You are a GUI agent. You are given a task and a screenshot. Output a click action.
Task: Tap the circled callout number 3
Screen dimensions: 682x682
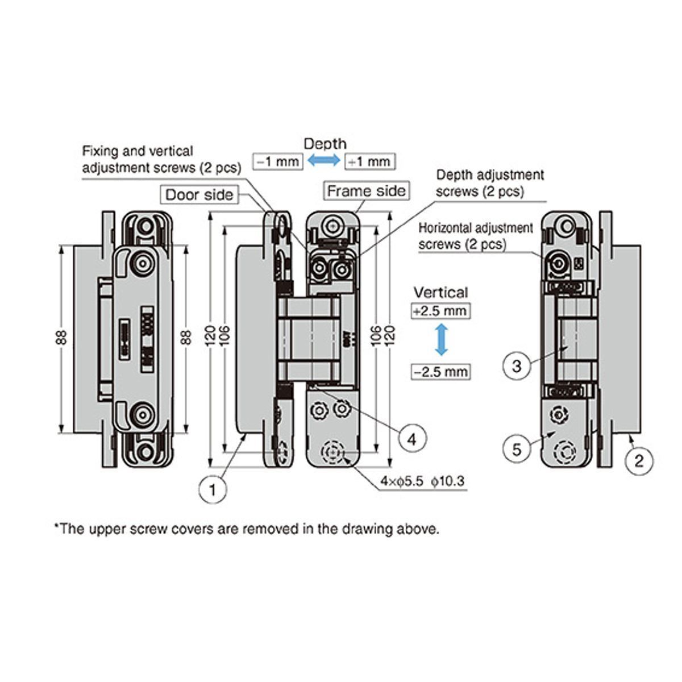pyautogui.click(x=517, y=365)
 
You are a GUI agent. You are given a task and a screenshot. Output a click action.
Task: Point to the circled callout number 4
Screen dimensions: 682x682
pyautogui.click(x=412, y=438)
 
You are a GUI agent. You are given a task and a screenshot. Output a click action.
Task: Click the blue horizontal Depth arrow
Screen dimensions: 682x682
pyautogui.click(x=323, y=161)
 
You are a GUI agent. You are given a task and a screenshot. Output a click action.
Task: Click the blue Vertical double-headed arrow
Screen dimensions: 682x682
pyautogui.click(x=441, y=341)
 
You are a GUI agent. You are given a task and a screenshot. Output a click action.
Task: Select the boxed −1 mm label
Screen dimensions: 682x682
pyautogui.click(x=277, y=161)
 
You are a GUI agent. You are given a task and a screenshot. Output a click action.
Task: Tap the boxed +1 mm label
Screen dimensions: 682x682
pyautogui.click(x=369, y=161)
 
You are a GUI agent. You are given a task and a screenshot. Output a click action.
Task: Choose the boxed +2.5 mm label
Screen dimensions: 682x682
pyautogui.click(x=441, y=311)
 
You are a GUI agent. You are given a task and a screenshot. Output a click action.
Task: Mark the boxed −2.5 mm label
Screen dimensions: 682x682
pyautogui.click(x=441, y=372)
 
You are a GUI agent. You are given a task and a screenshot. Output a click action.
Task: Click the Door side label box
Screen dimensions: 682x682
pyautogui.click(x=199, y=195)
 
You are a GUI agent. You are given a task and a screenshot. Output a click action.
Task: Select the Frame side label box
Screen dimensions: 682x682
pyautogui.click(x=367, y=190)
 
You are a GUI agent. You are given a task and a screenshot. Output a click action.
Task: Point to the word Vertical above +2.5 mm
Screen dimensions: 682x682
pyautogui.click(x=440, y=293)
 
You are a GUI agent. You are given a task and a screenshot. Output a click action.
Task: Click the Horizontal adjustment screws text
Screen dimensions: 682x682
pyautogui.click(x=476, y=236)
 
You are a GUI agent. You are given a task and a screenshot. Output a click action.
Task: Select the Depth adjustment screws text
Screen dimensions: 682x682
pyautogui.click(x=489, y=183)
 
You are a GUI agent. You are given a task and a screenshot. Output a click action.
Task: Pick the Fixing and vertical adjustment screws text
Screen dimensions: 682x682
pyautogui.click(x=161, y=160)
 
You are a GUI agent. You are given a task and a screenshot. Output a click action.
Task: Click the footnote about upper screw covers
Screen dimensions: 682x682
pyautogui.click(x=247, y=529)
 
